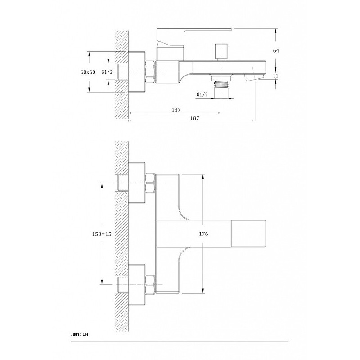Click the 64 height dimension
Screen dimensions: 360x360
pos(276,50)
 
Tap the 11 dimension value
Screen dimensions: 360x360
pos(276,75)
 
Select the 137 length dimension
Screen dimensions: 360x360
pos(176,110)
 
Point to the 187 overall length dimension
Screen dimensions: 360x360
pos(194,118)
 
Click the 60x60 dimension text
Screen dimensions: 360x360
pos(88,72)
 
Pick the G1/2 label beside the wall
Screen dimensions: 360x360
pos(107,72)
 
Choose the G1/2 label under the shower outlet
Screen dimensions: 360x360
pos(202,94)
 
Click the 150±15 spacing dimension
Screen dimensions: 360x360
pos(102,234)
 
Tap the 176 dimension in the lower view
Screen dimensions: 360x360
pos(203,234)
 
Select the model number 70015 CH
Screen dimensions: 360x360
pos(79,334)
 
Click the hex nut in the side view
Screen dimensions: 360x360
pos(150,72)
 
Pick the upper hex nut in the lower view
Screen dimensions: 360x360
pos(150,183)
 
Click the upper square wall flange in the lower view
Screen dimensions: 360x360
pos(137,183)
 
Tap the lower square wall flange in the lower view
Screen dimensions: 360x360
pos(137,284)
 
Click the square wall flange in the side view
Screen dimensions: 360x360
pos(137,72)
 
